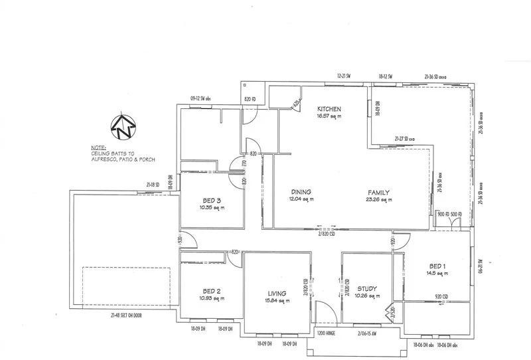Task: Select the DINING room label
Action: coord(301,192)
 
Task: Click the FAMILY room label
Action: coord(380,192)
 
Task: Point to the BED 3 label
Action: coord(212,201)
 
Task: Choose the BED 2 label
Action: coord(212,290)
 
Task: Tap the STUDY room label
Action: coord(366,288)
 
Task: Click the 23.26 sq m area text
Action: coord(380,199)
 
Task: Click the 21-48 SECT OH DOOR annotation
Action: coord(127,315)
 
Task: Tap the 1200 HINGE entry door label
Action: coord(327,332)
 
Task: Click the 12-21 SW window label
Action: coord(343,77)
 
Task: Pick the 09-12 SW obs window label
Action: coord(203,98)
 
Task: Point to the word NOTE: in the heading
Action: coord(98,147)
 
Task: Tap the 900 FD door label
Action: coord(443,214)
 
